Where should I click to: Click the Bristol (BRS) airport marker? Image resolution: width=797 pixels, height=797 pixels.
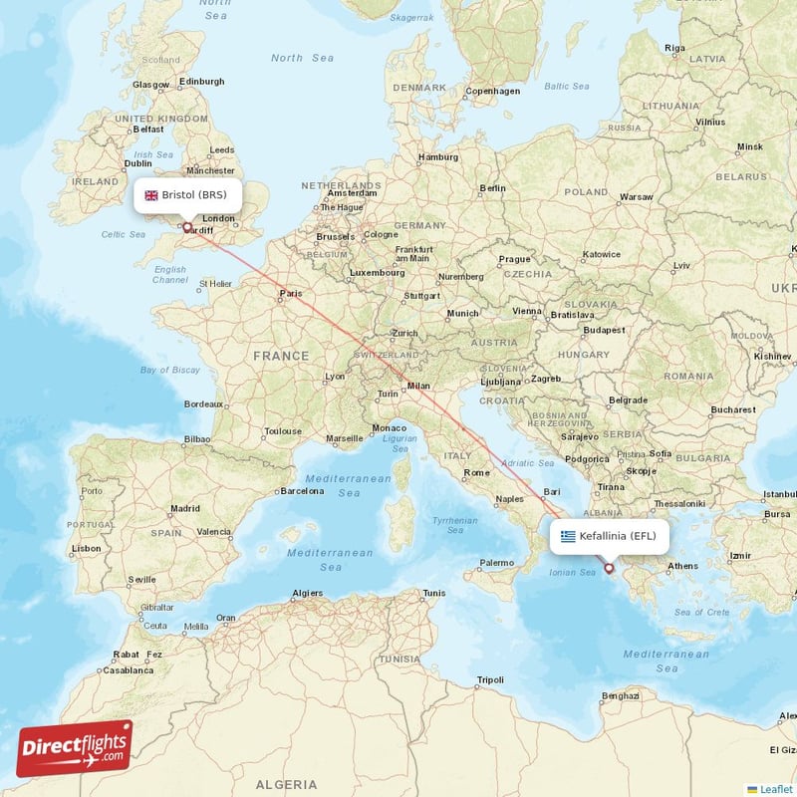(186, 227)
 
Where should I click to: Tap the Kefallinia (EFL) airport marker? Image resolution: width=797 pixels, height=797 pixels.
(609, 569)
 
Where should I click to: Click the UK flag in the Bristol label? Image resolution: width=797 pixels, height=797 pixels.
(151, 195)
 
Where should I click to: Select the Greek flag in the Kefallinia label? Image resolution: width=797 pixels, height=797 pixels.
(568, 536)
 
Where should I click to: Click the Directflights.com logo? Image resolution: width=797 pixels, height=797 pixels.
(75, 748)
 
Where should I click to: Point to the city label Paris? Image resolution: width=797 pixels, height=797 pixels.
(290, 293)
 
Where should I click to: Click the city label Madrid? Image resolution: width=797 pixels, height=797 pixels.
(184, 507)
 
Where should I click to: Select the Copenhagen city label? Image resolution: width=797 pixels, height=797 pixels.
(493, 91)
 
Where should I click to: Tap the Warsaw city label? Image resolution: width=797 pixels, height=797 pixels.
(636, 196)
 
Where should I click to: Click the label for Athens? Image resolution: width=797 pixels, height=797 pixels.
(682, 566)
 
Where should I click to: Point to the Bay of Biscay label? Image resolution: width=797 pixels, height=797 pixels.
(170, 370)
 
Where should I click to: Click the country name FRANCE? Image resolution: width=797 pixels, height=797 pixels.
(281, 355)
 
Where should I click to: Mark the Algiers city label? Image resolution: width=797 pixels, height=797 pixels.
(306, 593)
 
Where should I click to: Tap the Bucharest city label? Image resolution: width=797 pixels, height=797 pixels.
(734, 408)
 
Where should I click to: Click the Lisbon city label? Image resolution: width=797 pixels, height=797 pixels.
(86, 548)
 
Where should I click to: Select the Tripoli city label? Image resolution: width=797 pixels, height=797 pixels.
(490, 679)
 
